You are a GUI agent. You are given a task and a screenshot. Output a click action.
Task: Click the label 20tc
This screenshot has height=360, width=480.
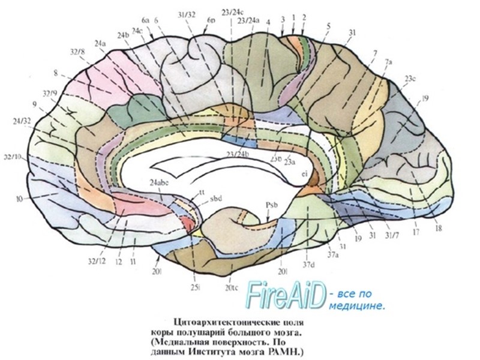(x=232, y=287)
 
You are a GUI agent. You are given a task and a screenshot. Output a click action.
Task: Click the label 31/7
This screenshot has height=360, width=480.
(x=391, y=235)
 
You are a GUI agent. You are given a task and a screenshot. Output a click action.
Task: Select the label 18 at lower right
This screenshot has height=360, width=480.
(x=438, y=228)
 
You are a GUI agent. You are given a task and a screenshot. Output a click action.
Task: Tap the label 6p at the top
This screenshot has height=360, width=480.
(x=211, y=20)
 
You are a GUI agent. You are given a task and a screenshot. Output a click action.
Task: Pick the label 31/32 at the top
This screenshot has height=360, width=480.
(x=187, y=15)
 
